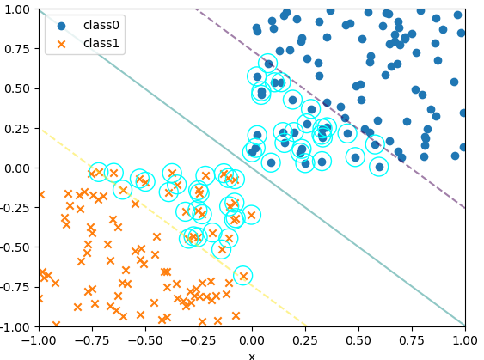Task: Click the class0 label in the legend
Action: [x=101, y=25]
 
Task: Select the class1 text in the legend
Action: [x=101, y=43]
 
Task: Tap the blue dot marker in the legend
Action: [x=61, y=27]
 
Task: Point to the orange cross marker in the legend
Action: [x=61, y=45]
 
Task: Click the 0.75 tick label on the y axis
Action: [x=17, y=49]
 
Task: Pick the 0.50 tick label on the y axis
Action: [x=17, y=88]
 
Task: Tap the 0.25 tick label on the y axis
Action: [x=17, y=128]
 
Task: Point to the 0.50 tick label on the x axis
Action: [x=358, y=340]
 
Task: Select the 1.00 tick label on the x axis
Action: [x=465, y=340]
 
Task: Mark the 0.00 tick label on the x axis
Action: [x=252, y=340]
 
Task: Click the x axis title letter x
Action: [x=252, y=357]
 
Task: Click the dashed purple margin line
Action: [x=331, y=109]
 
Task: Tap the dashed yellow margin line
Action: [x=173, y=227]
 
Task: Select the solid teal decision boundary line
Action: [x=252, y=168]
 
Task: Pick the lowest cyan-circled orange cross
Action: [x=243, y=276]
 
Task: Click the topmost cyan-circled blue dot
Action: [x=268, y=64]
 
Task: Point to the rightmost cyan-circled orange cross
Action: [x=251, y=215]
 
